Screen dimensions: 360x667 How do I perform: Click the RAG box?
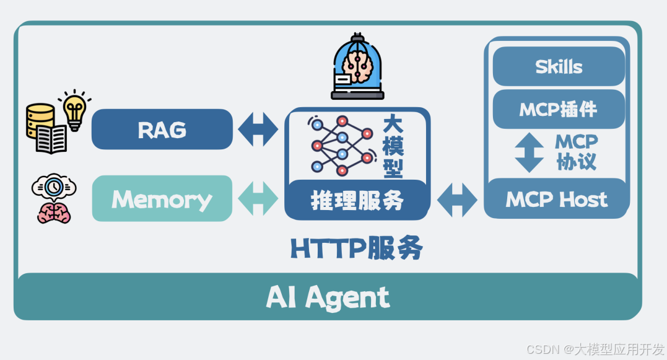tap(162, 130)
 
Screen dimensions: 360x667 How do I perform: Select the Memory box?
tap(162, 199)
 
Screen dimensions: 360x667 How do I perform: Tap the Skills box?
tap(559, 67)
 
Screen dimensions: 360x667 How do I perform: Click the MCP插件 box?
tap(559, 110)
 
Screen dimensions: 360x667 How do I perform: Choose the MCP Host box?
tap(557, 200)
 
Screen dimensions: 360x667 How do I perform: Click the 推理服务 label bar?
tap(357, 200)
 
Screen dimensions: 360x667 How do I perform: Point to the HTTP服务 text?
tap(357, 249)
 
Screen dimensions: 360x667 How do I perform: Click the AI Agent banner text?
tap(328, 297)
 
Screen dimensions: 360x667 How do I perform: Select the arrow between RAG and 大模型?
tap(258, 130)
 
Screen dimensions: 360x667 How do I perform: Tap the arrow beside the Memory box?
tap(258, 199)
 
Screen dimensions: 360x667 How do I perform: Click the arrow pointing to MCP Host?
tap(457, 200)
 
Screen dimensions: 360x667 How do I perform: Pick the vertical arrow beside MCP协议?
tap(529, 152)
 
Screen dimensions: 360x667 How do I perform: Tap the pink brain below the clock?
tap(54, 212)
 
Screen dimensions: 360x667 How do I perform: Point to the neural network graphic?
tap(341, 144)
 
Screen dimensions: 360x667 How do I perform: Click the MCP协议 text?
tap(577, 152)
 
